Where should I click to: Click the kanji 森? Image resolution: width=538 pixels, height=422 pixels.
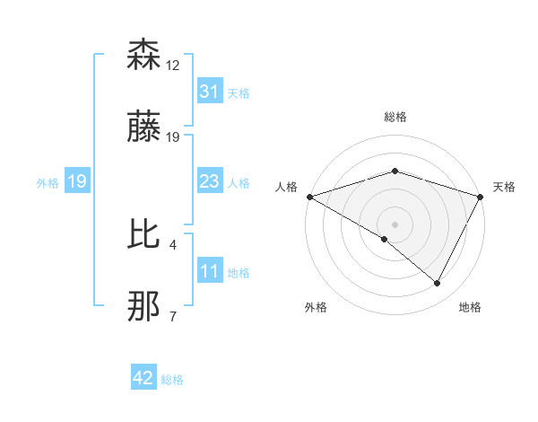click(x=144, y=55)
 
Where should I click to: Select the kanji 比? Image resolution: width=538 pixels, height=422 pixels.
click(x=144, y=234)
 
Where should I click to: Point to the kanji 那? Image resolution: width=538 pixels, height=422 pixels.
click(x=144, y=307)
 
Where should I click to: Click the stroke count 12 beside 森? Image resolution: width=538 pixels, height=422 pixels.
click(x=173, y=65)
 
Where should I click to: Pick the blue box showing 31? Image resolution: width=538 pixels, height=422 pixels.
click(x=210, y=92)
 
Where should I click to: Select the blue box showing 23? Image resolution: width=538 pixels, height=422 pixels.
click(x=210, y=181)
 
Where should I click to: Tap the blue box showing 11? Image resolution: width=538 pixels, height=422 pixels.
click(x=210, y=271)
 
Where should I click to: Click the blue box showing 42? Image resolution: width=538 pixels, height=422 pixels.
click(x=143, y=378)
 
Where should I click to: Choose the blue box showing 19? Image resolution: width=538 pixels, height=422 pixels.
click(x=77, y=181)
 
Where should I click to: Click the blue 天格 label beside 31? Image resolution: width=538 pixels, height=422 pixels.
click(x=239, y=92)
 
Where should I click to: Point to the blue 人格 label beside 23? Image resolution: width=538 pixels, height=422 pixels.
click(x=239, y=182)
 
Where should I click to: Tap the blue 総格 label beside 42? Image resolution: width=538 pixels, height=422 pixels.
click(x=172, y=379)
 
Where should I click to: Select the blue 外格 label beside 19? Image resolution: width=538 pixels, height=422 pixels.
click(x=48, y=182)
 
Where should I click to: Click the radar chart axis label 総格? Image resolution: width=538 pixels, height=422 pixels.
click(x=395, y=117)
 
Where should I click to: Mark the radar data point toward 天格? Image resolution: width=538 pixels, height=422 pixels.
click(x=481, y=196)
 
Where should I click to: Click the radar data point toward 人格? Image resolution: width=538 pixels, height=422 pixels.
click(x=309, y=196)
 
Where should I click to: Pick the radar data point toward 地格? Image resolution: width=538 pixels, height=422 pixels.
click(x=438, y=284)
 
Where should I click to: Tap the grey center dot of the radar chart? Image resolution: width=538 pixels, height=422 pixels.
click(x=395, y=224)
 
